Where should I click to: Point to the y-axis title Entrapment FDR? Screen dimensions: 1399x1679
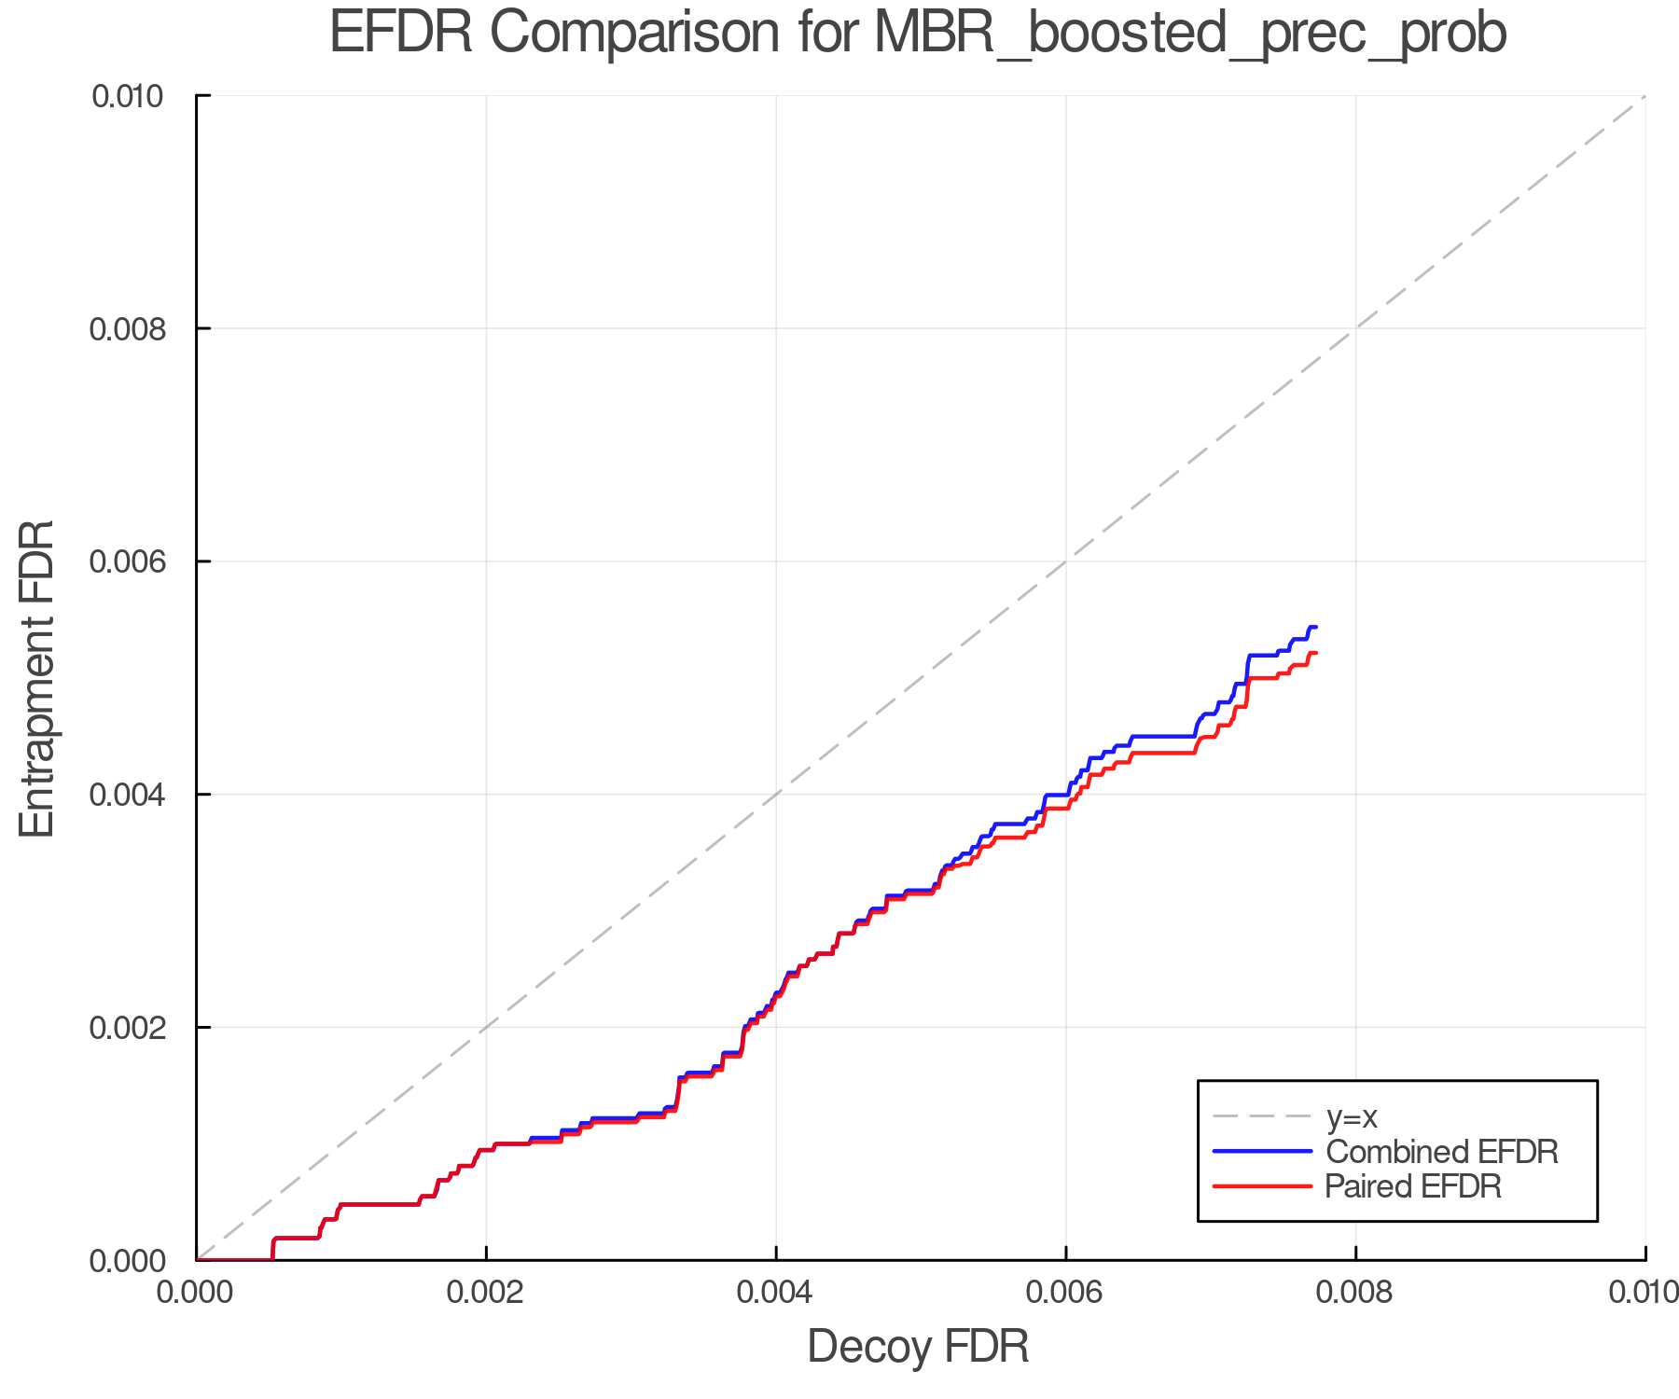(37, 678)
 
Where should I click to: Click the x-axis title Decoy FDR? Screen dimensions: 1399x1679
(918, 1346)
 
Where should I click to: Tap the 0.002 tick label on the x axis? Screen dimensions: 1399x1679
(486, 1292)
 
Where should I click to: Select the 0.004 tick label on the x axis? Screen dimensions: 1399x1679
(776, 1292)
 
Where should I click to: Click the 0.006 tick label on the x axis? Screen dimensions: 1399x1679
(1066, 1292)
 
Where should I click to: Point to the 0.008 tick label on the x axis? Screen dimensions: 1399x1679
(1355, 1292)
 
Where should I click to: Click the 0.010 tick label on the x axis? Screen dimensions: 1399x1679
(1644, 1292)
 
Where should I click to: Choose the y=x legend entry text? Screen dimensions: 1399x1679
(1352, 1116)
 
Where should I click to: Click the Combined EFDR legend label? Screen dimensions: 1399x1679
(1441, 1152)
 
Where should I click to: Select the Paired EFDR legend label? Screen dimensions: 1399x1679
(1413, 1186)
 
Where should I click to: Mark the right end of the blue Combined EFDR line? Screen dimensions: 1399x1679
(1315, 627)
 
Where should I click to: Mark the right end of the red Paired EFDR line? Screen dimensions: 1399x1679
(1315, 653)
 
